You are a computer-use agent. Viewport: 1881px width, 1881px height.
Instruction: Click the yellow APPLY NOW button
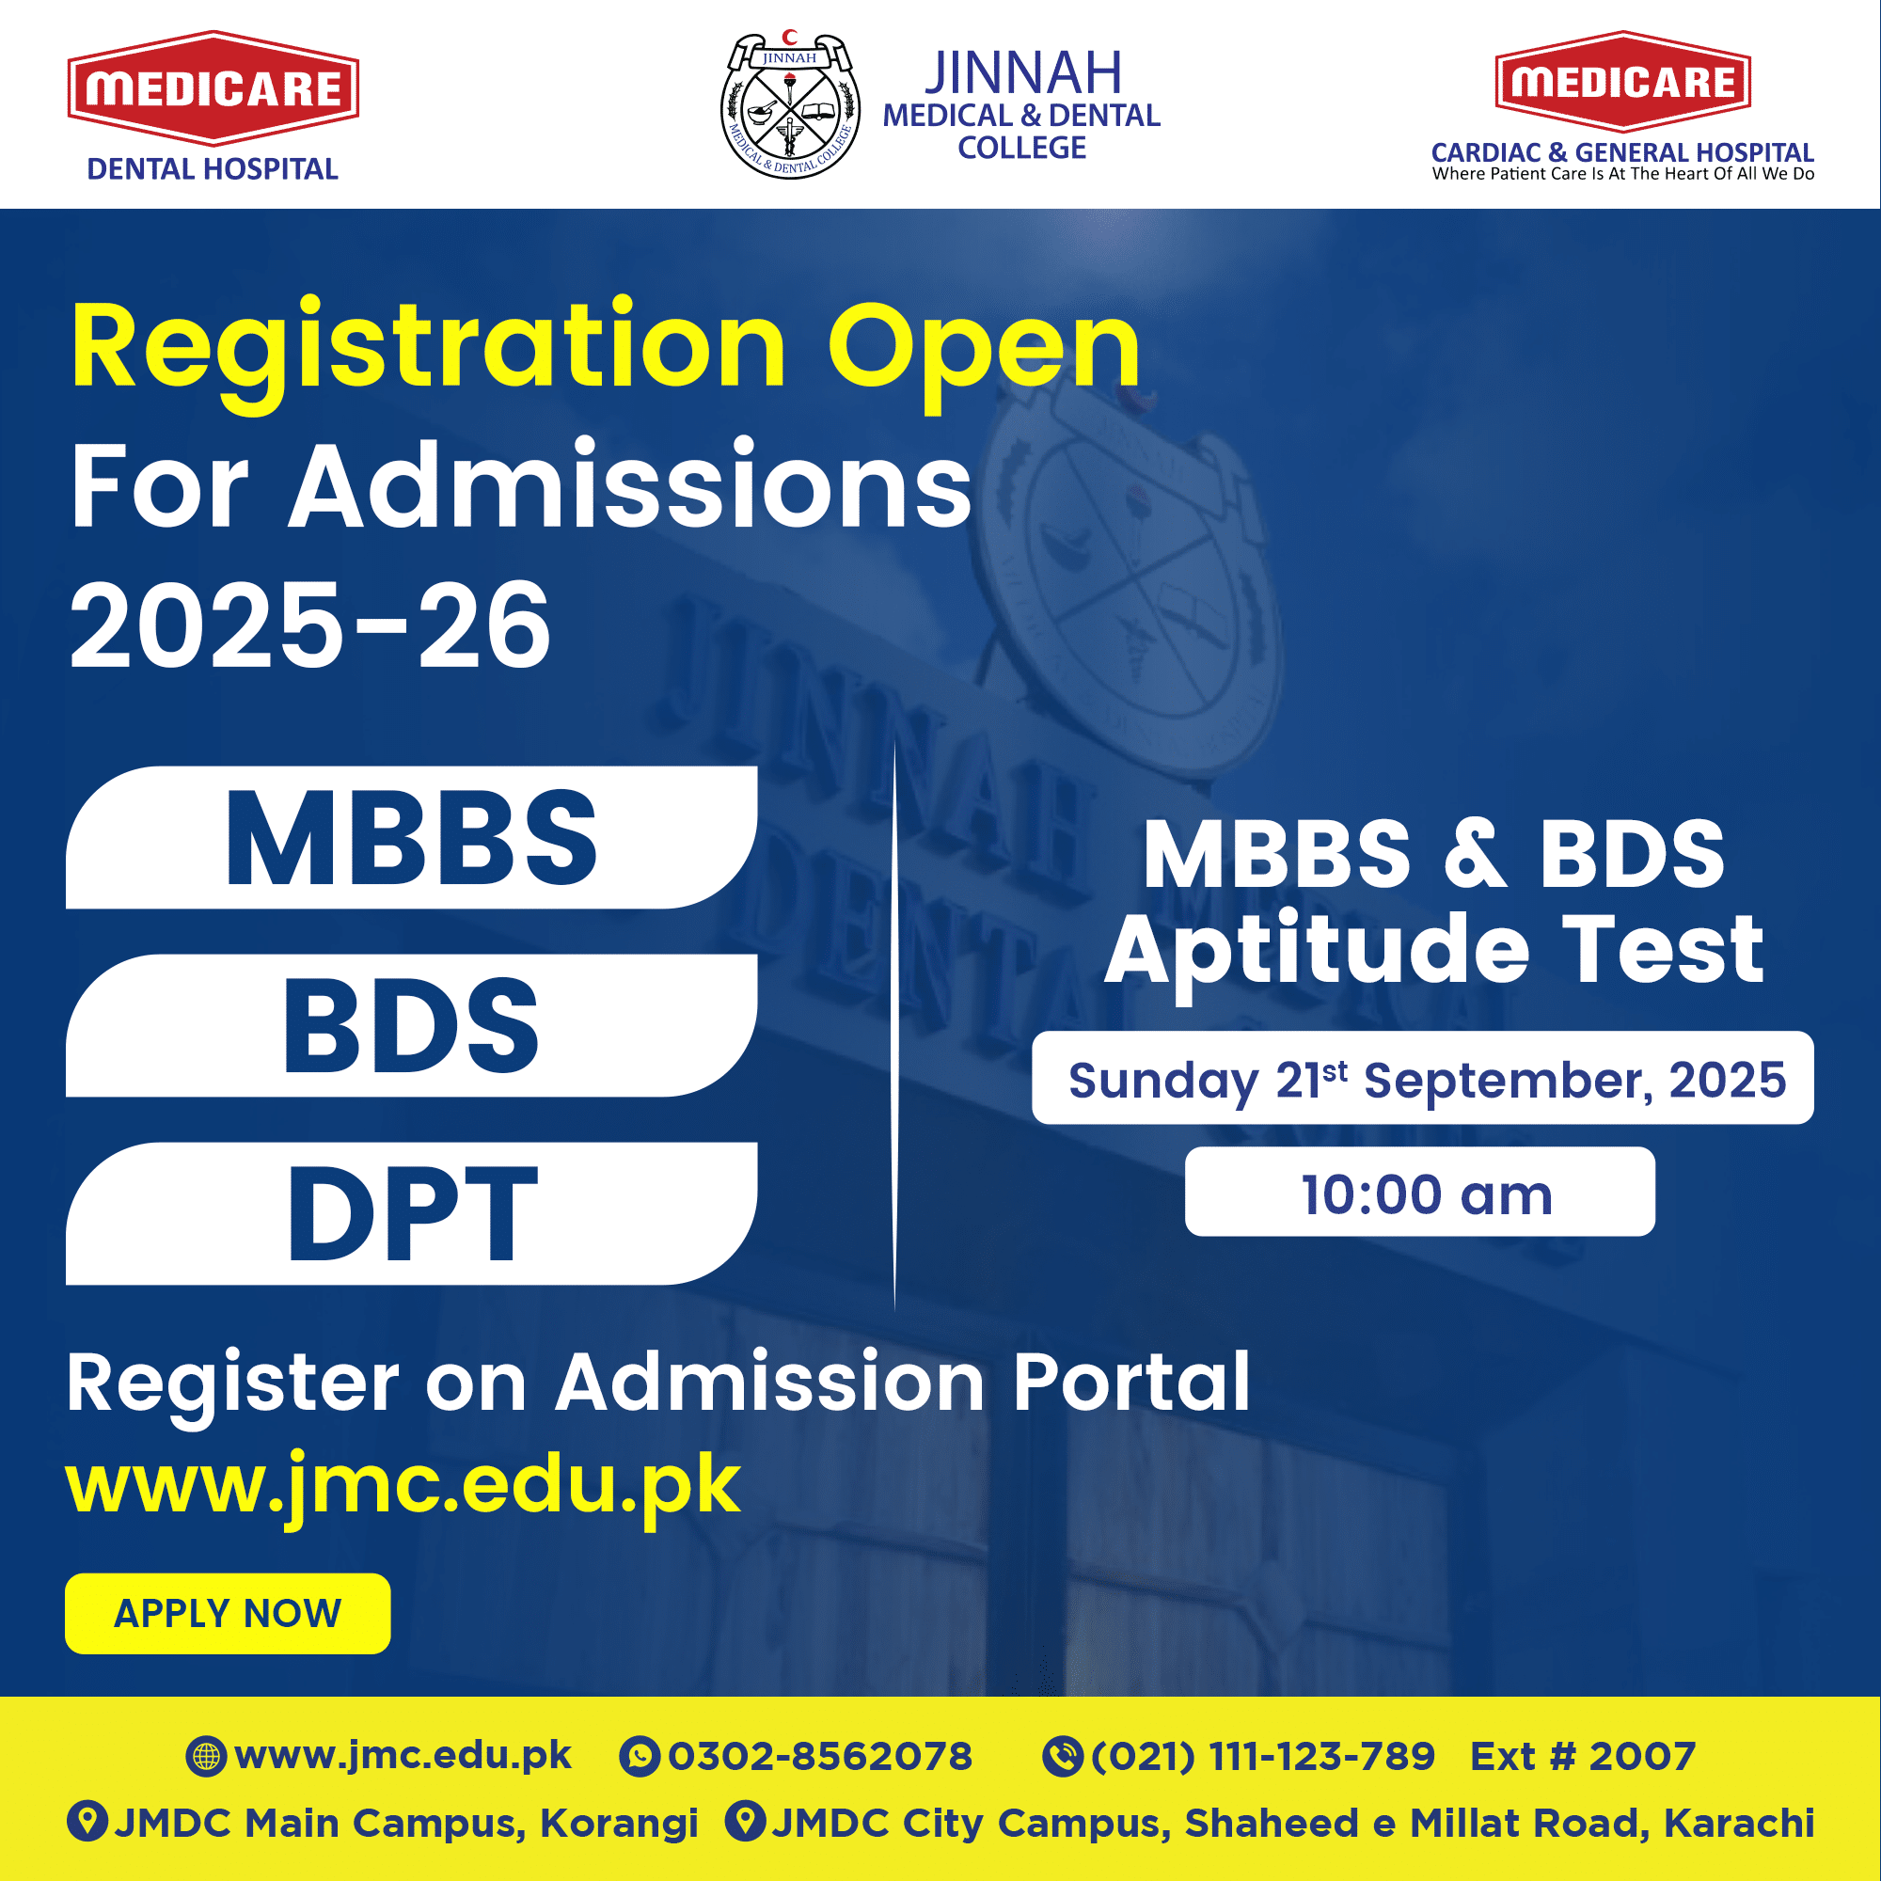[x=228, y=1613]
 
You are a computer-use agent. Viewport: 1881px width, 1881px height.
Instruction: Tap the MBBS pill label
[x=412, y=837]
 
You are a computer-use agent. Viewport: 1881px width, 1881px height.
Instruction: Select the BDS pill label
[x=412, y=1025]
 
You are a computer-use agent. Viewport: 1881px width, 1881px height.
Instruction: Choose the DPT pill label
[x=412, y=1213]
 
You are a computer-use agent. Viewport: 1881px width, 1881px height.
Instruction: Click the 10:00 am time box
[x=1419, y=1192]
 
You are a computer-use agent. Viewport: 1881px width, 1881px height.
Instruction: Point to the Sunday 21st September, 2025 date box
[x=1422, y=1078]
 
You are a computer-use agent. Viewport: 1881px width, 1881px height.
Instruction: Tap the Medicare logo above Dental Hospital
[x=213, y=88]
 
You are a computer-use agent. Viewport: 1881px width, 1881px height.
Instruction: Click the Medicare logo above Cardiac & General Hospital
[x=1623, y=82]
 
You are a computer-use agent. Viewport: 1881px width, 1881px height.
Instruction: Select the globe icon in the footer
[x=206, y=1756]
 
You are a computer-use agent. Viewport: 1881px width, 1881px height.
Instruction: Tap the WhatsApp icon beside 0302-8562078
[x=640, y=1756]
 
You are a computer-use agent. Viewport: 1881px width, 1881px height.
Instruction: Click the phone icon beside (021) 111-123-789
[x=1062, y=1756]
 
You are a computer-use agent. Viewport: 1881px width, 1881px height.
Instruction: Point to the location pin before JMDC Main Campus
[x=87, y=1821]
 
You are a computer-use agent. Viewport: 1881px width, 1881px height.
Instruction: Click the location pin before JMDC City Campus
[x=746, y=1821]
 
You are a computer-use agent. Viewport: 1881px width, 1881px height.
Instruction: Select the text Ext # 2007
[x=1583, y=1756]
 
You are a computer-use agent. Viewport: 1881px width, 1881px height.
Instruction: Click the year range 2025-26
[x=309, y=625]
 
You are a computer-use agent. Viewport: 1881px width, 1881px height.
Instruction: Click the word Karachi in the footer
[x=1739, y=1823]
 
